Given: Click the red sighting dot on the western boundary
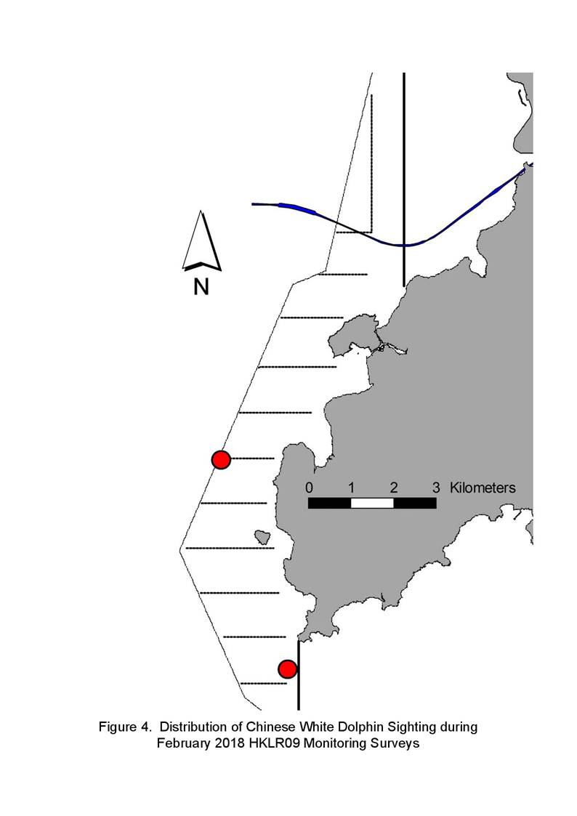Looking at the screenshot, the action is point(221,459).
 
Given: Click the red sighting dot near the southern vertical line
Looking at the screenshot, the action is point(287,668).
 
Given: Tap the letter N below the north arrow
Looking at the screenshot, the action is point(201,287).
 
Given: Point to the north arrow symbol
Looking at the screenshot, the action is point(202,241).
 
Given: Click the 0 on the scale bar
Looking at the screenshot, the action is point(309,488).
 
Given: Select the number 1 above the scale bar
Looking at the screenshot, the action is point(351,488).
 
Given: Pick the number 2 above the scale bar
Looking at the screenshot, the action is point(394,488).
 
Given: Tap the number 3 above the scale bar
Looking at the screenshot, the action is point(436,488).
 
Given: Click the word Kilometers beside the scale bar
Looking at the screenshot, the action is point(483,488).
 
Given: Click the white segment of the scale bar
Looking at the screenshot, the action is point(372,504).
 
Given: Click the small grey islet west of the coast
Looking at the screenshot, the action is point(263,538).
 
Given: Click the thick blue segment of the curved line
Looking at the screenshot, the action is point(297,208).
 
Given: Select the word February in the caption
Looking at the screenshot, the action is point(184,743).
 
